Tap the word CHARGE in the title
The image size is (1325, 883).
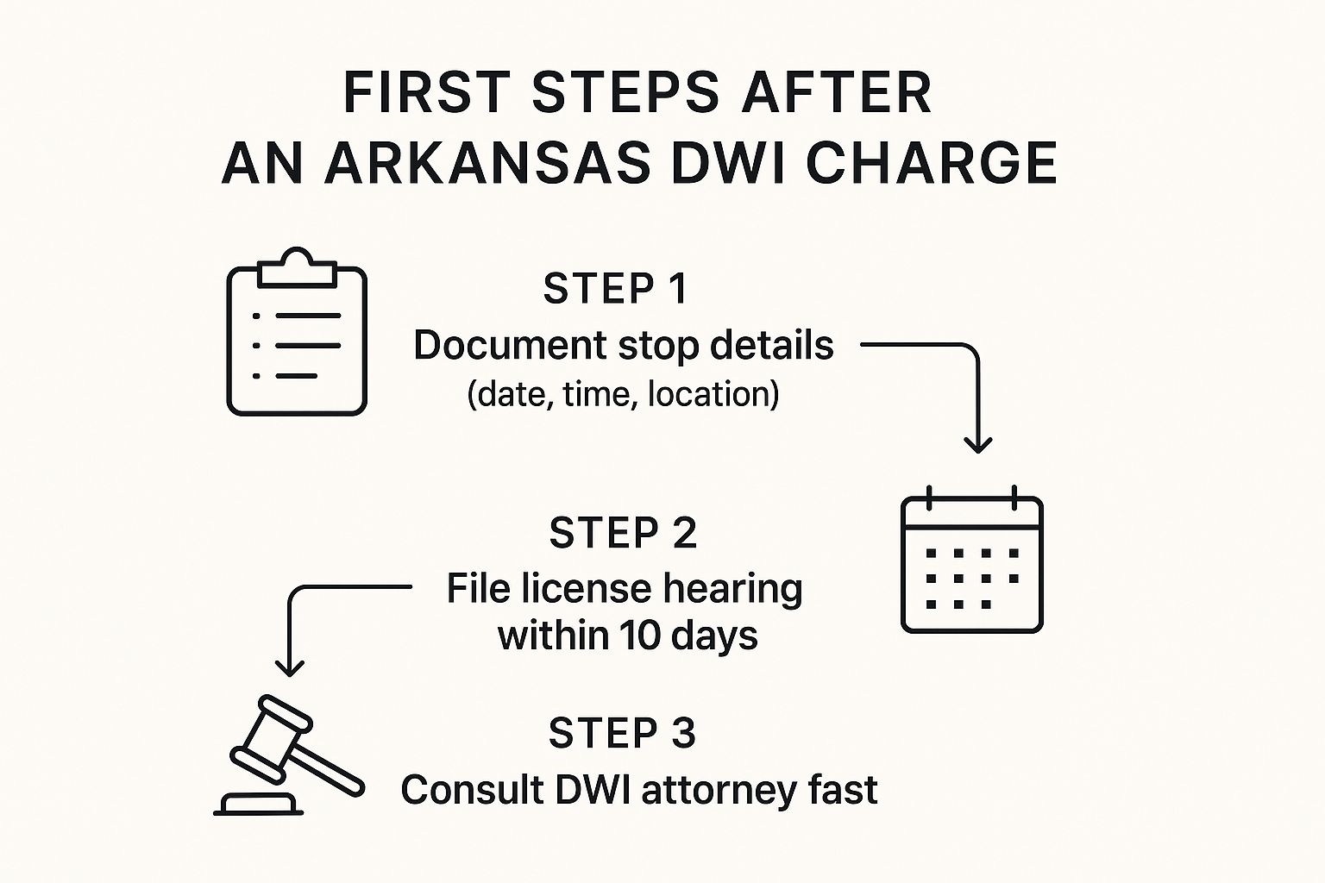pos(931,163)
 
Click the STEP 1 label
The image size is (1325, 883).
pos(615,289)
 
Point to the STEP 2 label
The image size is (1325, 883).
pos(622,533)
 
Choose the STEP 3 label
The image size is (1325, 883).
pos(622,733)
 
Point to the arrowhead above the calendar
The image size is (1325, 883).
pos(977,445)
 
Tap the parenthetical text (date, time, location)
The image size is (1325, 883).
pos(623,394)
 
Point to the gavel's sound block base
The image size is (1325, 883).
pos(258,805)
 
